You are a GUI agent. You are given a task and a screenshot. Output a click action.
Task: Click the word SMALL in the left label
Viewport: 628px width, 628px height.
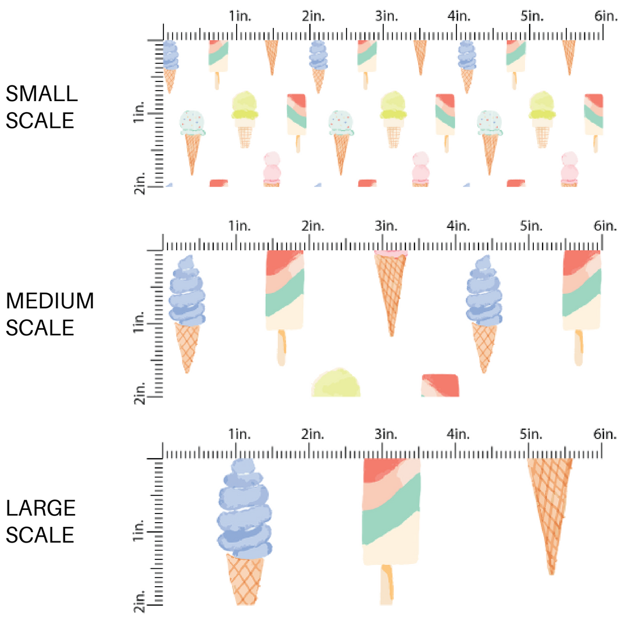coord(41,94)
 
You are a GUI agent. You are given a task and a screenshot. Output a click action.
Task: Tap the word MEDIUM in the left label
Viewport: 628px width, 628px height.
coord(49,301)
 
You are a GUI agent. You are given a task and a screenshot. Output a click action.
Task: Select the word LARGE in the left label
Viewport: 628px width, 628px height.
coord(41,508)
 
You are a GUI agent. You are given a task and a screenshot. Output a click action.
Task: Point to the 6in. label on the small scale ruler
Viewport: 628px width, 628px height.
coord(605,16)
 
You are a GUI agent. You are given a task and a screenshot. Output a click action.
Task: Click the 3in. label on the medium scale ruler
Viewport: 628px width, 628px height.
coord(383,225)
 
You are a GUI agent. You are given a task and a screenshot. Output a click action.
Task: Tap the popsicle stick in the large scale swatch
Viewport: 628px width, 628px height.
coord(387,584)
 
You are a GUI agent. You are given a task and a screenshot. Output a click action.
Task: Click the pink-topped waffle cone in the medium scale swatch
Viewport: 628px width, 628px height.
coord(391,291)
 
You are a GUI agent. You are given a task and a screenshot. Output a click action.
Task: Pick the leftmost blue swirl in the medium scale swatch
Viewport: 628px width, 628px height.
coord(187,291)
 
